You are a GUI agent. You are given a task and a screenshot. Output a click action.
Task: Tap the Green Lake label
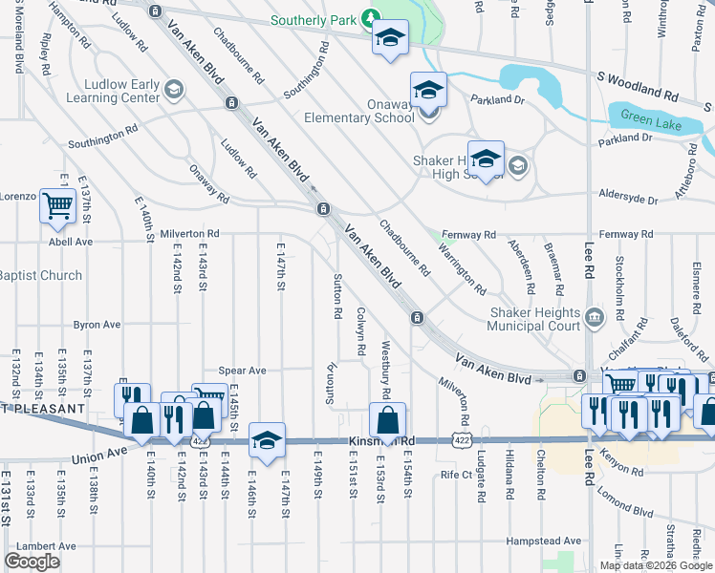click(650, 117)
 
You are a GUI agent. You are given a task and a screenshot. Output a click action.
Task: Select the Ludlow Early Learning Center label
click(107, 91)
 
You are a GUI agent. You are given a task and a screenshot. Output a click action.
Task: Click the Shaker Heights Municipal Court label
click(534, 319)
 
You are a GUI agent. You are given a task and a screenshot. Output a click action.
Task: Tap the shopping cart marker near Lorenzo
click(58, 205)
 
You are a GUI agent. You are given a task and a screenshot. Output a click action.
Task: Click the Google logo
click(32, 561)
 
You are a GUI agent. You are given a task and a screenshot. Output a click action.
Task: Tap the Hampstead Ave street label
click(544, 541)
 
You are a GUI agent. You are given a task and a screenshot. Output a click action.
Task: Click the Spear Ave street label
click(242, 371)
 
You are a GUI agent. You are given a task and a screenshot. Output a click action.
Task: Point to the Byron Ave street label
click(97, 325)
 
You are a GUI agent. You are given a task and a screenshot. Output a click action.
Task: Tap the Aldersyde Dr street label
click(626, 202)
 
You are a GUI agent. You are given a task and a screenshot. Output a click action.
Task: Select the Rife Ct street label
click(456, 474)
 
